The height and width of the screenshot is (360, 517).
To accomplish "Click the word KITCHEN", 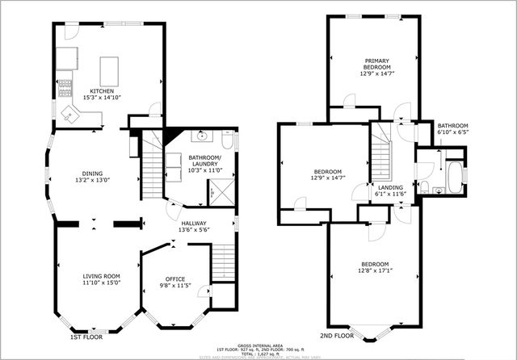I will coord(102,91).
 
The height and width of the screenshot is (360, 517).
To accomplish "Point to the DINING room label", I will coord(91,173).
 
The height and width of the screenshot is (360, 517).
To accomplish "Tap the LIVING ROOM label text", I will coord(101,276).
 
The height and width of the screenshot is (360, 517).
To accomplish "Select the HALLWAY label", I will coord(193,224).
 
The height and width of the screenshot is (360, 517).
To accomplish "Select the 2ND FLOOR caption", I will coord(337,335).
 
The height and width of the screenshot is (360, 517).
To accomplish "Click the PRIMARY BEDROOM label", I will coord(376,64).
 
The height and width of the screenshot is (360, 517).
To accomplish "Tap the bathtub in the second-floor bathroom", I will coord(455,178).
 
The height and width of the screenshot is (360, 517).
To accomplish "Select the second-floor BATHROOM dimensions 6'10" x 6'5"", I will coord(452,132).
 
